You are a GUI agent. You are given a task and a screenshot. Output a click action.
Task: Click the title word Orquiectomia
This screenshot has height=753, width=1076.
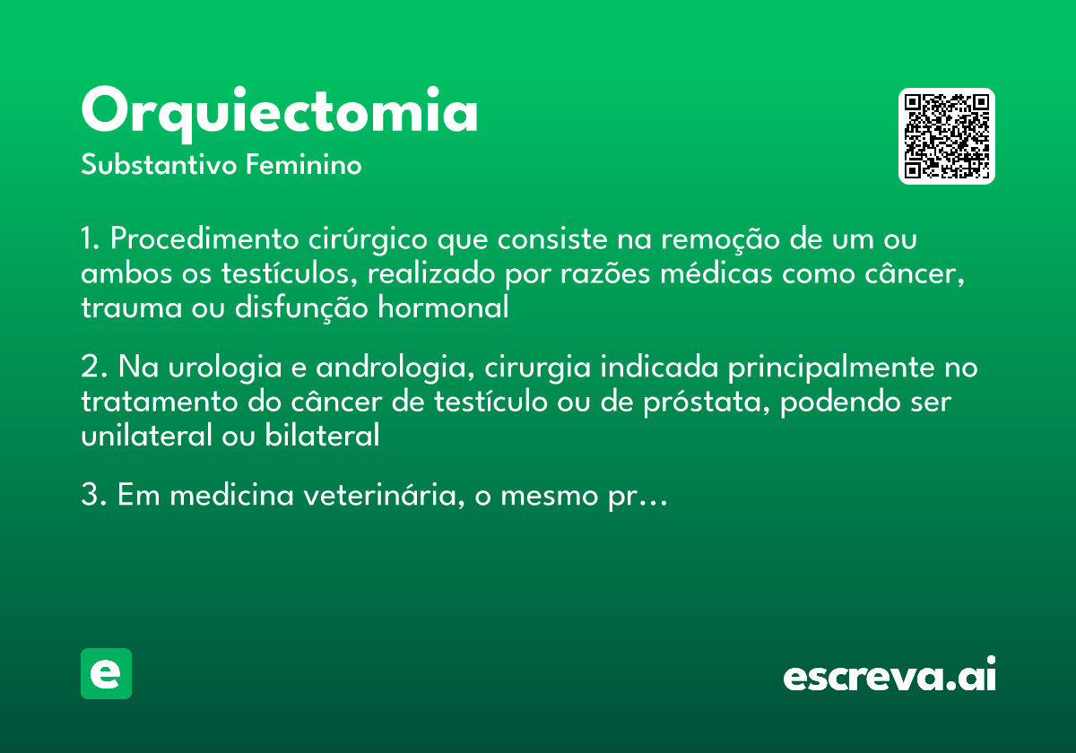pyautogui.click(x=280, y=112)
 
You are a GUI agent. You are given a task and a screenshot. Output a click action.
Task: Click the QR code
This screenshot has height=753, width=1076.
pyautogui.click(x=947, y=136)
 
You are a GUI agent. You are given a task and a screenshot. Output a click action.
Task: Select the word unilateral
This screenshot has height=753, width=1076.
pyautogui.click(x=136, y=437)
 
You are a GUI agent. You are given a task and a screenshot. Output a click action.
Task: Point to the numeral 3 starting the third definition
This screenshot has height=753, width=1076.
pyautogui.click(x=89, y=497)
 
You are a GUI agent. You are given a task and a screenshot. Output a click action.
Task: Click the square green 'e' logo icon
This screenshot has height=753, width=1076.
pyautogui.click(x=106, y=673)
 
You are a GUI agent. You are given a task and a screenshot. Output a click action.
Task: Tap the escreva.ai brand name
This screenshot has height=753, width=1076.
pyautogui.click(x=889, y=676)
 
